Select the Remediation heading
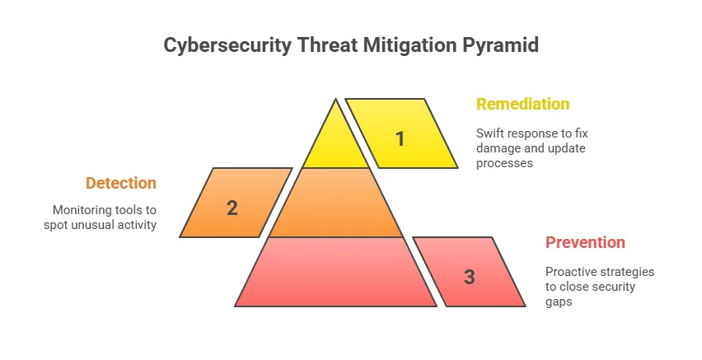tap(522, 105)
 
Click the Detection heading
tap(121, 183)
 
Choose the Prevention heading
tap(585, 242)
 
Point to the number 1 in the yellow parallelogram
tap(400, 138)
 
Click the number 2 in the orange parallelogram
tap(232, 208)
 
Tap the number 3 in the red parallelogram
tap(469, 277)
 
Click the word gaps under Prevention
tap(559, 302)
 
